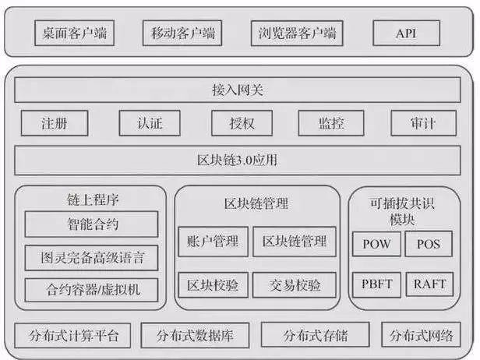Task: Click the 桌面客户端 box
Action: [75, 34]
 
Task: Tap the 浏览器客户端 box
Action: [297, 34]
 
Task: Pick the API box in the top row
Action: [406, 34]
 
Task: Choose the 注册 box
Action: [54, 123]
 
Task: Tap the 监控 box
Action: [330, 123]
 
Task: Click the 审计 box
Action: [423, 123]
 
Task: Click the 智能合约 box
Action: [91, 224]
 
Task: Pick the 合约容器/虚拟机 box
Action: [91, 290]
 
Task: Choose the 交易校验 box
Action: [295, 285]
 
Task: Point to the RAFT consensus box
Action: [429, 284]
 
